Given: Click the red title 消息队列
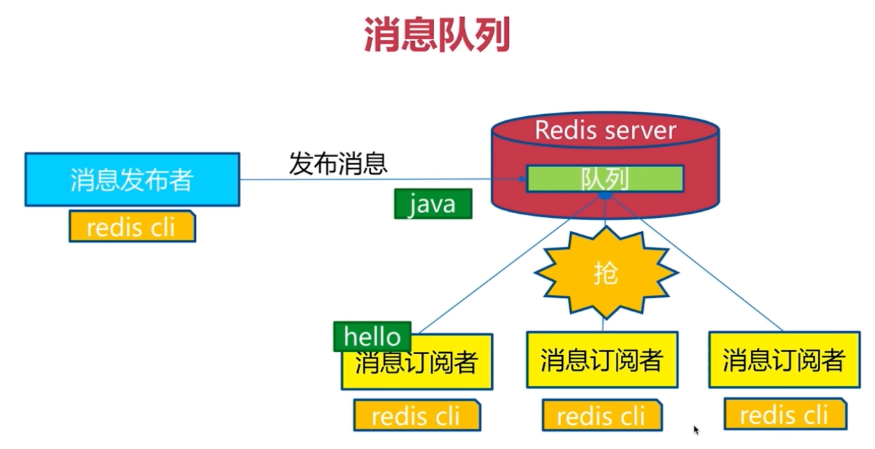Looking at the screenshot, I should point(437,36).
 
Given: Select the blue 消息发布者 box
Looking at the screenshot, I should point(132,179).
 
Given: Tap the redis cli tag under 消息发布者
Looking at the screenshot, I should point(132,227).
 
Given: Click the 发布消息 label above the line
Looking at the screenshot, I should point(338,164).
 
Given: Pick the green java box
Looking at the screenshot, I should point(433,204).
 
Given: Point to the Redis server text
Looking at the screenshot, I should point(605,130).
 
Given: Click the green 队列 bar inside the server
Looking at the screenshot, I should point(604,179).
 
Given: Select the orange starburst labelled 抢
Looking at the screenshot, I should point(606,273).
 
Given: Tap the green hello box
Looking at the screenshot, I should point(372,336).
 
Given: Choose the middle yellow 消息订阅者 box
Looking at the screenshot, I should point(602,360).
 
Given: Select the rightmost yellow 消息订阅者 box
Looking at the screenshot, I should point(784,360).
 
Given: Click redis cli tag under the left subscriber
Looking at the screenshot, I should point(416,416).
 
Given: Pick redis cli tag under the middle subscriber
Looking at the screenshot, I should point(602,415).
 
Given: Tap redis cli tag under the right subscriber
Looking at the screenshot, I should point(784,415).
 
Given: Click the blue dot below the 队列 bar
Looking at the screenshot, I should point(605,196).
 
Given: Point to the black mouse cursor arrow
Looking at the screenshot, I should point(696,430).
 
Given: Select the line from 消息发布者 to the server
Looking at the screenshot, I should point(371,179).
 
